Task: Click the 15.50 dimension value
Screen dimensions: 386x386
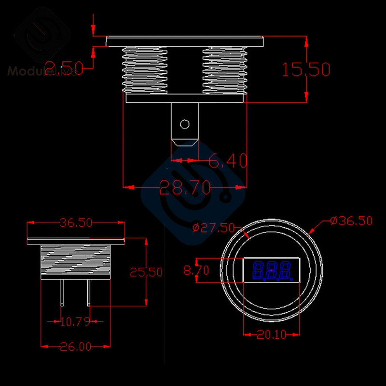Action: coord(305,69)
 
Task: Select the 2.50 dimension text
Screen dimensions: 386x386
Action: coord(64,67)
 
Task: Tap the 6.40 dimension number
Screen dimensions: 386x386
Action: coord(228,160)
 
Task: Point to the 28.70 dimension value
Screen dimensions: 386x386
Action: coord(185,187)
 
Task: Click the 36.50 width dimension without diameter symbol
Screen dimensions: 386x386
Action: coord(76,222)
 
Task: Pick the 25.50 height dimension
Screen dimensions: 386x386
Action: coord(146,272)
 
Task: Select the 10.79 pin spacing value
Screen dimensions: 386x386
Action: coord(75,321)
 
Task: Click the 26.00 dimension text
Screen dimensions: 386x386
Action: coord(75,346)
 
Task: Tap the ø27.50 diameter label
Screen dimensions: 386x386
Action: coord(213,228)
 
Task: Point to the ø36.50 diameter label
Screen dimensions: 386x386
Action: coord(351,221)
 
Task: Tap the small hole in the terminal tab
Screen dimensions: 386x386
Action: coord(184,124)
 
